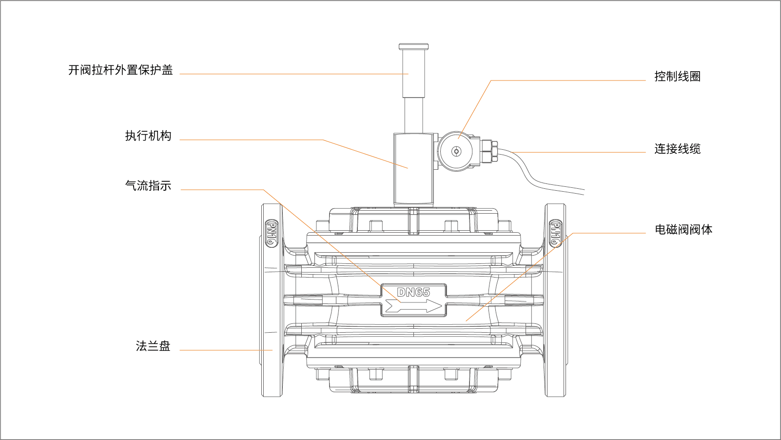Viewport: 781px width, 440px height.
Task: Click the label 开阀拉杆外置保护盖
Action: (x=120, y=70)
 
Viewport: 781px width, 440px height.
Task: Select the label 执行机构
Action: (x=148, y=136)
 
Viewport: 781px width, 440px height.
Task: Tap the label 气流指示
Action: (x=148, y=186)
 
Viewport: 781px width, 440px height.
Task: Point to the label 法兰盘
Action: (x=153, y=346)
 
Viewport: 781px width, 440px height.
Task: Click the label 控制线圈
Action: (x=677, y=77)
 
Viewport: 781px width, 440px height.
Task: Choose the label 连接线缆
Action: (x=677, y=149)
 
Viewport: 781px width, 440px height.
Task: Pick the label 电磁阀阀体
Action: (x=683, y=230)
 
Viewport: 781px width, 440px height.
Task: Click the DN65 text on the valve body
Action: (x=413, y=292)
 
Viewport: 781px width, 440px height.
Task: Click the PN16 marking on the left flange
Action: (x=272, y=233)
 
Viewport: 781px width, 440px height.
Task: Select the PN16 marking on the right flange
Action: (x=555, y=233)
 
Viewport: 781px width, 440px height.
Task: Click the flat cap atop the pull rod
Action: (x=413, y=47)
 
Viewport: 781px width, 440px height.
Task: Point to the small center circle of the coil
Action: (x=456, y=151)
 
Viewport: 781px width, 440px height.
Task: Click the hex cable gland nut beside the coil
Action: (x=489, y=151)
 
